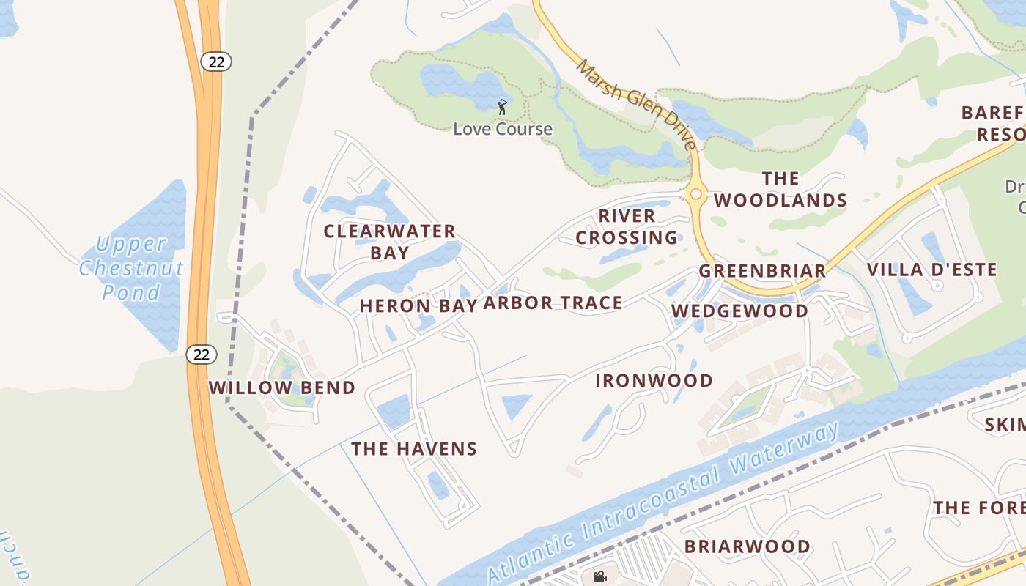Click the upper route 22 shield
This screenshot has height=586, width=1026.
(216, 62)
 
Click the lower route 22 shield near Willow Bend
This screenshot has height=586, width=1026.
(202, 355)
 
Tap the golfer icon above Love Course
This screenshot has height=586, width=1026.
(502, 107)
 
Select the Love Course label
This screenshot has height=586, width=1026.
(503, 129)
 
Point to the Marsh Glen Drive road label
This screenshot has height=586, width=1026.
(636, 104)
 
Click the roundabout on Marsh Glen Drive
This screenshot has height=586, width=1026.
(695, 194)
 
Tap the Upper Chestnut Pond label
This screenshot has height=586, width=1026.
(131, 268)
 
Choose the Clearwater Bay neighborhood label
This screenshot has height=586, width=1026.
(390, 242)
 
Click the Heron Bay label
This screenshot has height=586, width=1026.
(418, 306)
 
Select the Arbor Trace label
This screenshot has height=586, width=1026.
(553, 303)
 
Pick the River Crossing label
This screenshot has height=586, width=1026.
(627, 227)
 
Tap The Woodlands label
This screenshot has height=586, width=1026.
(780, 189)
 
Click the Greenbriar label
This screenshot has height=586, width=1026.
(762, 271)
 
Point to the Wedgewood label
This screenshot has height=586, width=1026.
(740, 311)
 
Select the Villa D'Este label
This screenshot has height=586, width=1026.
(931, 270)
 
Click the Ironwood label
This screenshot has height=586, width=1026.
(654, 381)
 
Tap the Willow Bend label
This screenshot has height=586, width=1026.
(282, 388)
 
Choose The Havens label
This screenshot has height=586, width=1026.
(414, 449)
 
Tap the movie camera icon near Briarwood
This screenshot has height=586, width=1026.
(599, 576)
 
